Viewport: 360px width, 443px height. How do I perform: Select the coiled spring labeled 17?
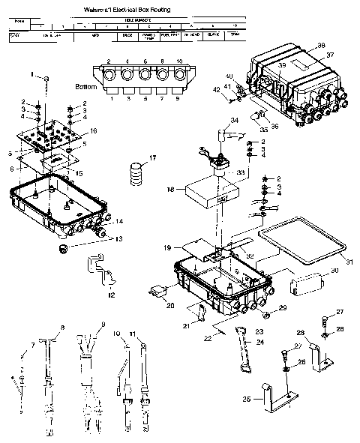136,173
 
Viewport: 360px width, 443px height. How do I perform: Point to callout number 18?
171,191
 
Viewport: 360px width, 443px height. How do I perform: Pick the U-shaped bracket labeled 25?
275,401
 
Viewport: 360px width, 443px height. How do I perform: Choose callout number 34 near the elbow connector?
235,121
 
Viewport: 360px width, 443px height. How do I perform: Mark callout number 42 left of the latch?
217,90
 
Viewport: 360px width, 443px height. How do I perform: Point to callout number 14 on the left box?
119,223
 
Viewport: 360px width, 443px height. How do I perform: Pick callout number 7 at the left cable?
31,346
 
